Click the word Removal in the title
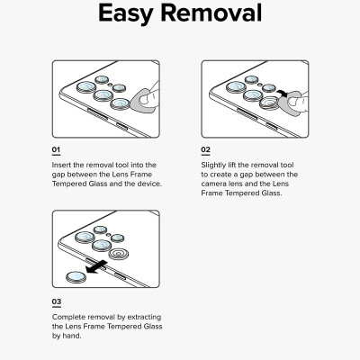tap(211, 13)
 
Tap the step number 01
tap(56, 149)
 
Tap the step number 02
tap(205, 149)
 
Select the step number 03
tap(57, 301)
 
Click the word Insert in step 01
tap(61, 165)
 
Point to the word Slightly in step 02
tap(214, 166)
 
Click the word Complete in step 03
tap(68, 317)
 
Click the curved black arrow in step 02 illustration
tap(283, 94)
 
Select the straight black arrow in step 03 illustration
tap(96, 266)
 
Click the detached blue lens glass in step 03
tap(76, 277)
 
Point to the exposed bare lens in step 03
tap(118, 255)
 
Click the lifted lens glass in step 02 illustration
tap(268, 103)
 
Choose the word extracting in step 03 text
tap(144, 318)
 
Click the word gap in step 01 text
tap(58, 175)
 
